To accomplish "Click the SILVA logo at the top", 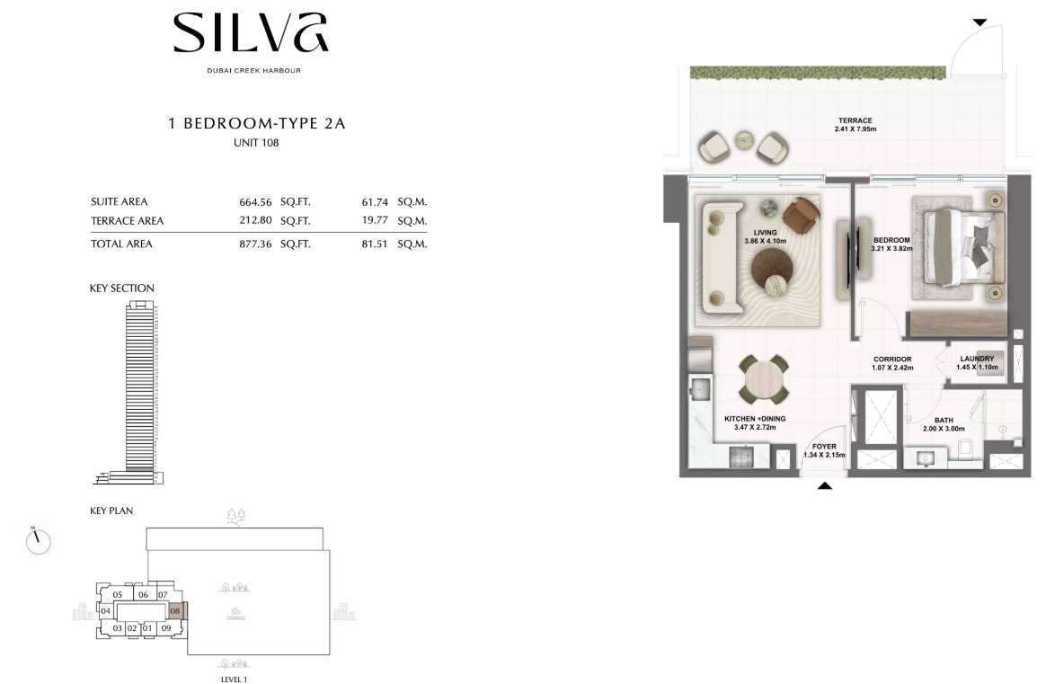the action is [251, 32].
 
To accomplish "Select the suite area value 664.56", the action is [255, 201].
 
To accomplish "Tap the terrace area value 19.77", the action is [374, 220].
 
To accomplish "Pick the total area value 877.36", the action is [255, 244].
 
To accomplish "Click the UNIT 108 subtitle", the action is [256, 143].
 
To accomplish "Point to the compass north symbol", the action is [38, 540].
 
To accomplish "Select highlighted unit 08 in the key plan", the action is [175, 610].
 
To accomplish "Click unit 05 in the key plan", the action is [118, 595].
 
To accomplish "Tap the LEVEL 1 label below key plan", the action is [235, 680].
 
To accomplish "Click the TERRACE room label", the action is [855, 120].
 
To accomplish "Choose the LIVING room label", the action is [765, 233].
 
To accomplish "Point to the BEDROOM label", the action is [892, 240].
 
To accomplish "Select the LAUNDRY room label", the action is [978, 359].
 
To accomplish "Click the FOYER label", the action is [825, 447].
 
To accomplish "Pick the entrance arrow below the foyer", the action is [825, 485].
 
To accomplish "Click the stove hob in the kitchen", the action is [741, 457].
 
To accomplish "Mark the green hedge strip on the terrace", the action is [818, 72].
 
